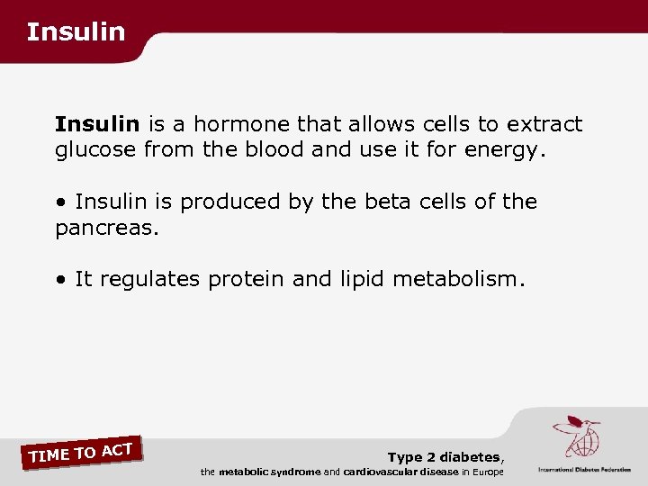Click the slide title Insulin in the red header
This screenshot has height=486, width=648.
(x=76, y=32)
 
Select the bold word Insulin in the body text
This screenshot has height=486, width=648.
(x=97, y=124)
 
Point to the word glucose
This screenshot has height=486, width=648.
(x=95, y=150)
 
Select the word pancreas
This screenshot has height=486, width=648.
(x=106, y=228)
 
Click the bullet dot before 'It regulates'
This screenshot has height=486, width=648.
(x=60, y=280)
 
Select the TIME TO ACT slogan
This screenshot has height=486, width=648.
(x=81, y=451)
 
